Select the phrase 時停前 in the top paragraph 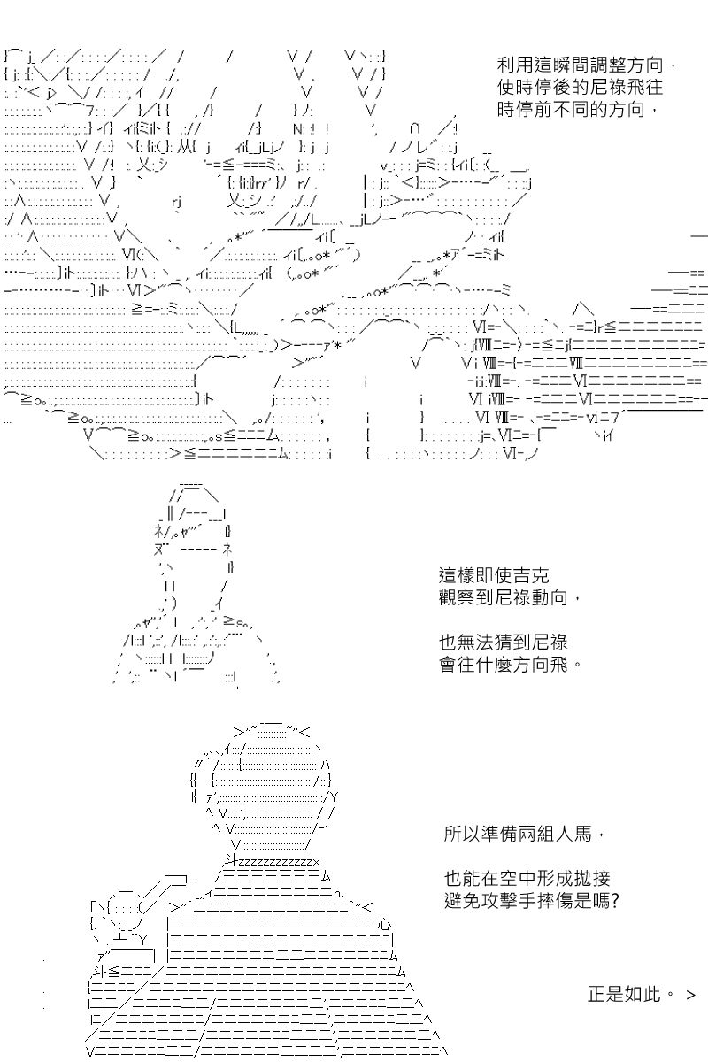point(525,111)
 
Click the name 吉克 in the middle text point(531,576)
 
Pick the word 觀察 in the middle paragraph point(458,598)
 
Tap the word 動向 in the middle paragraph point(550,598)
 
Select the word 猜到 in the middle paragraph point(494,643)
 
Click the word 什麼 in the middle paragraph point(494,665)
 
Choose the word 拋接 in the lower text point(592,879)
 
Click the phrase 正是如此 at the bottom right point(625,994)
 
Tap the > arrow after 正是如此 point(691,995)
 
